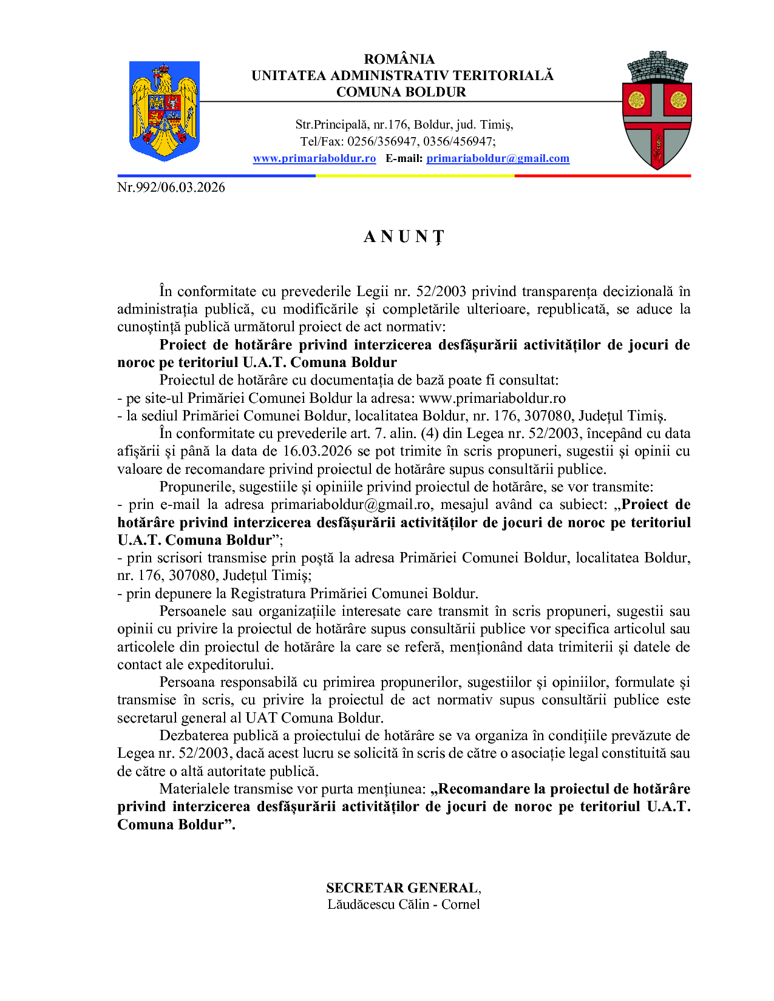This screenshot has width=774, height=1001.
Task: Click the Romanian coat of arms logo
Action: [165, 110]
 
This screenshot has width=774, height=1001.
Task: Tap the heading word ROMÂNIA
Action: [399, 59]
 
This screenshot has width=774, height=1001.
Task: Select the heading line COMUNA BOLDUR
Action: [401, 92]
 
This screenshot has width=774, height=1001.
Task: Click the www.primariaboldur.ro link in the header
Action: [314, 158]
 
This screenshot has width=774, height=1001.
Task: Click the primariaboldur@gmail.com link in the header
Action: [498, 158]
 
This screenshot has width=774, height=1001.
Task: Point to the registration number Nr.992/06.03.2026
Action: [171, 187]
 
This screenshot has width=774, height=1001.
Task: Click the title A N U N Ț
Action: [404, 237]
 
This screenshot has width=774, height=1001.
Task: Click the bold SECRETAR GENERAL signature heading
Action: [402, 888]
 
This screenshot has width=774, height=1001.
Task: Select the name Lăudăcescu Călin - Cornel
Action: [404, 905]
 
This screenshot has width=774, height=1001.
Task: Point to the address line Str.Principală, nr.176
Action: [352, 125]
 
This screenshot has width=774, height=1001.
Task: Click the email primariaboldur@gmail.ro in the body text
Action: [351, 505]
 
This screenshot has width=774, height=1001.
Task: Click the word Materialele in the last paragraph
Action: [194, 789]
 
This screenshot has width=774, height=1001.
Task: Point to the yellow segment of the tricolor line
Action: [415, 175]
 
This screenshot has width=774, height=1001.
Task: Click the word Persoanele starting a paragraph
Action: [193, 612]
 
